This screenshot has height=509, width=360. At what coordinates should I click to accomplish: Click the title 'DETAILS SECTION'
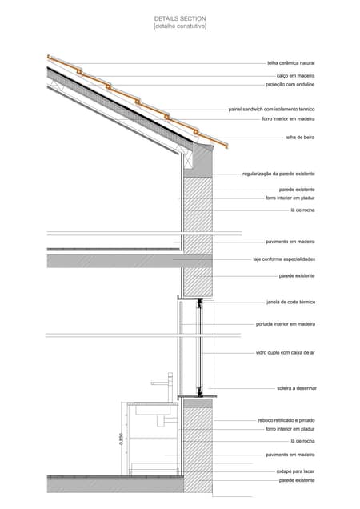coord(180,18)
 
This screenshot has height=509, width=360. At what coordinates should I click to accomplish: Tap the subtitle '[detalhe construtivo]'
coord(180,26)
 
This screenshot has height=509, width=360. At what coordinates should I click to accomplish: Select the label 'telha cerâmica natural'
coord(291,63)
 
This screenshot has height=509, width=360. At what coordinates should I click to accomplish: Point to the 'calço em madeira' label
coord(295,76)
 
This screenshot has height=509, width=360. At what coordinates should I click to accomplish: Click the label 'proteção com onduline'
coord(290,84)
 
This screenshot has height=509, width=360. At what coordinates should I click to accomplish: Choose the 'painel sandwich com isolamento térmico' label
coord(271,110)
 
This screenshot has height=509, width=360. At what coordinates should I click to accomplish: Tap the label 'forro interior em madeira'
coord(288,119)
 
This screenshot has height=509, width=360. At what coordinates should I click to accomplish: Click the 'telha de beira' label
coord(300,138)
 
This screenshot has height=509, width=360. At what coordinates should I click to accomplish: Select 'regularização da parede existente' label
coord(278,174)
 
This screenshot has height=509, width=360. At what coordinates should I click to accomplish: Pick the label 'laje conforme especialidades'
coord(284,259)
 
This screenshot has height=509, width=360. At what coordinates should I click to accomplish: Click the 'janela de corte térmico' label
coord(291,303)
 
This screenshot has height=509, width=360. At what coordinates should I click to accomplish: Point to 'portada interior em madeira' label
coord(286,324)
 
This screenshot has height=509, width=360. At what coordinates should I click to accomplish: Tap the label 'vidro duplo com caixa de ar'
coord(286,352)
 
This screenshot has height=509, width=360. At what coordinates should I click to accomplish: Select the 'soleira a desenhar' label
coord(297,388)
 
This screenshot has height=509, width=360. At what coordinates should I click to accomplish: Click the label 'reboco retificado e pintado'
coord(286,420)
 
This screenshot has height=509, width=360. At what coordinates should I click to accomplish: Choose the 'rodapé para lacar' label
coord(295,471)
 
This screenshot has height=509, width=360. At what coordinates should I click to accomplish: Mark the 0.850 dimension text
coord(121,439)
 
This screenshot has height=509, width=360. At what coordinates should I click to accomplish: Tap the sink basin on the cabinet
coord(153,410)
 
